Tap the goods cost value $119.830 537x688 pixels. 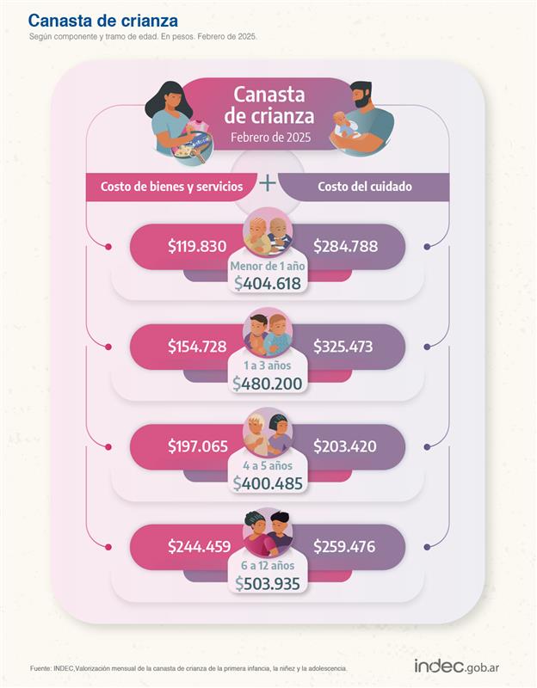coord(197,247)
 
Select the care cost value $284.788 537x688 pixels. coord(345,247)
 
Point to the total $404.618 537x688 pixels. coord(268,284)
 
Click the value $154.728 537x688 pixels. coord(197,347)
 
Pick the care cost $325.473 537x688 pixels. coord(345,347)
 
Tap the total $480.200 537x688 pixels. coord(268,384)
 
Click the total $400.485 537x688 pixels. coord(268,483)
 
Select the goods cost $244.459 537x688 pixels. coord(197,546)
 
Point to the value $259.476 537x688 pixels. coord(345,546)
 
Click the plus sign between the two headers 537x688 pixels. coord(268,182)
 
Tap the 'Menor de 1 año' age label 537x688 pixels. coord(268,266)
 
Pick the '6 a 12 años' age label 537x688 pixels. coord(268,565)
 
